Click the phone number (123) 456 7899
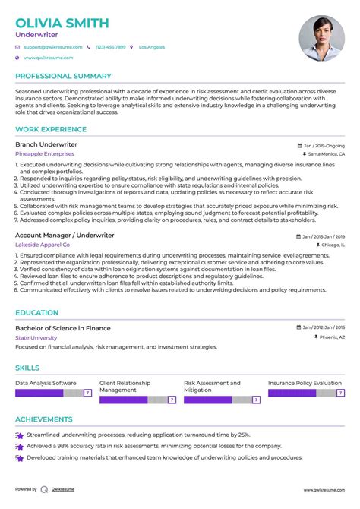110,47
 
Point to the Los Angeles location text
151,47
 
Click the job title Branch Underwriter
46,144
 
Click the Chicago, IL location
331,246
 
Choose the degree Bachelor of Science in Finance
63,328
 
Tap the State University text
36,337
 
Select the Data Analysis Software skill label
46,383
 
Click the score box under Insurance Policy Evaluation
340,394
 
